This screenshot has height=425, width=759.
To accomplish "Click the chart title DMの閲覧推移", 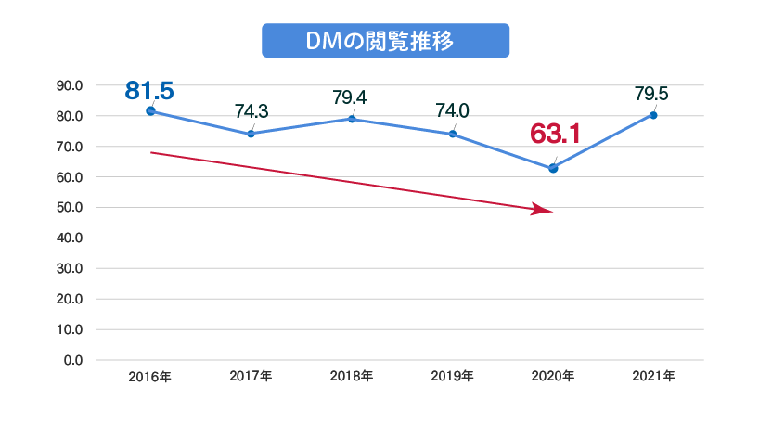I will click(x=385, y=42).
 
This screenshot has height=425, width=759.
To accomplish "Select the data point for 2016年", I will click(x=150, y=111).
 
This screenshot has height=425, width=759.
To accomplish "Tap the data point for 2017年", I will click(x=251, y=134).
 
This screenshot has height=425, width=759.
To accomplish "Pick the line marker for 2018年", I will click(x=352, y=119).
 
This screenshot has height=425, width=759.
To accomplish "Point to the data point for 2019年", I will click(x=452, y=134).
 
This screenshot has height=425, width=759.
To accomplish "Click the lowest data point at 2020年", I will click(x=553, y=168).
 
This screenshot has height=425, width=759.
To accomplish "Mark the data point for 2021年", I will click(x=653, y=115).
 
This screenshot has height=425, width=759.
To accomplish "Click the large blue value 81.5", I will click(x=149, y=90).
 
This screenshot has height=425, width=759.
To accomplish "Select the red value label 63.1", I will click(x=555, y=134).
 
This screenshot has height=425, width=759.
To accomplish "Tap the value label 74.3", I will click(x=251, y=111).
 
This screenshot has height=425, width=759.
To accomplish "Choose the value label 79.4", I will click(x=350, y=97).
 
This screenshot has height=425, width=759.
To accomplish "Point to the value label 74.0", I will click(x=452, y=111).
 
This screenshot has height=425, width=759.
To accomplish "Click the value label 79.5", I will click(x=651, y=93).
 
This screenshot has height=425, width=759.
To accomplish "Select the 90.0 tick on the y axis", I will click(x=70, y=85).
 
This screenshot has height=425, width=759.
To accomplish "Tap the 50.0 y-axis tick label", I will click(x=70, y=208).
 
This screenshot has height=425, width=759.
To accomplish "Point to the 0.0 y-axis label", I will click(x=73, y=360).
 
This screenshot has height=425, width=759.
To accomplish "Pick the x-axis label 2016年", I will click(x=150, y=377).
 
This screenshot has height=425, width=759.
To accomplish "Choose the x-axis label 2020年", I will click(x=553, y=377).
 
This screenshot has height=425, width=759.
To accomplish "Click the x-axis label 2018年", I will click(x=352, y=377).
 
